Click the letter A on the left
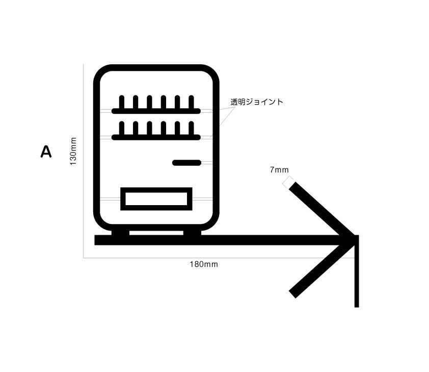pos(46,152)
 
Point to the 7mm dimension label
pos(279,170)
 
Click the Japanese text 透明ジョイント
pos(257,102)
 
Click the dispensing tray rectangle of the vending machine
pos(156,199)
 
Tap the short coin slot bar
pos(187,163)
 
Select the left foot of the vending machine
pos(120,233)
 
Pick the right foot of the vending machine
pos(193,233)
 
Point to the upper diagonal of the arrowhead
pos(321,210)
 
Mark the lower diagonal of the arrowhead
pos(321,268)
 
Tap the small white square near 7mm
pos(288,181)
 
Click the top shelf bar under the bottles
pos(156,111)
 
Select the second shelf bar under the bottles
pos(156,137)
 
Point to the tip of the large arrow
pos(355,239)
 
